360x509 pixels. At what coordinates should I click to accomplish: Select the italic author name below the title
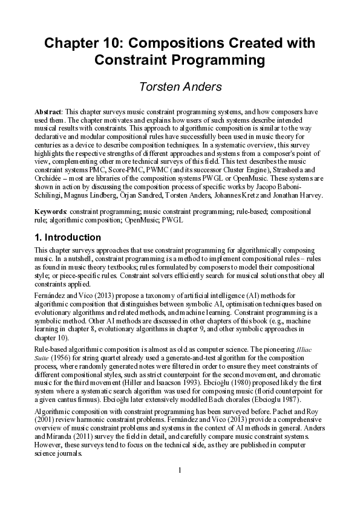point(180,87)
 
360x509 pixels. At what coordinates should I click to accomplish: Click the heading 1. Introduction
point(68,237)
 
